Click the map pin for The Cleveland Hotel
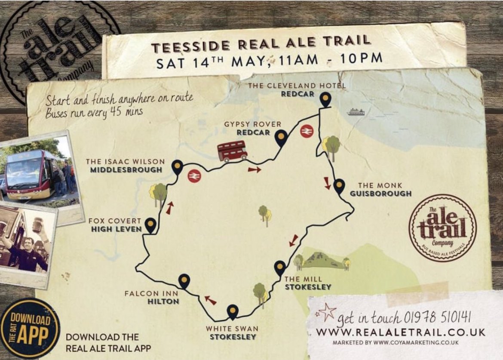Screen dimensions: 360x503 [326, 99]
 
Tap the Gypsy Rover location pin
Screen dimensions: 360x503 [281, 137]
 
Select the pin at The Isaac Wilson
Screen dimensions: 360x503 [177, 166]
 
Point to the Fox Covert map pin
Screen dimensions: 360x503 [150, 224]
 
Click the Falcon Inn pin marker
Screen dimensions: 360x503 [184, 280]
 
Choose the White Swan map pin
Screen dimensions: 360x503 [233, 311]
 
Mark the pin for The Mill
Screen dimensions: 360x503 [280, 267]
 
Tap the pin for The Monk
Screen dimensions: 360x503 [339, 185]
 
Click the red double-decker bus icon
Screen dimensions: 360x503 [232, 151]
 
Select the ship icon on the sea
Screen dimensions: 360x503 [356, 112]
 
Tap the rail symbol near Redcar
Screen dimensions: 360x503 [307, 131]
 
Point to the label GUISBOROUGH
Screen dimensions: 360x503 [380, 194]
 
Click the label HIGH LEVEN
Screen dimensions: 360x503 [117, 229]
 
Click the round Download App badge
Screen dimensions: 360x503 [30, 328]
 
